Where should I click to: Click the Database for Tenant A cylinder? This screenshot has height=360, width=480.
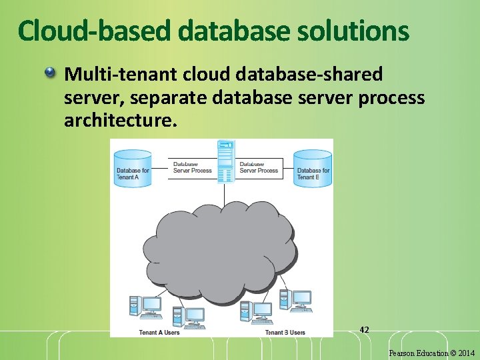coord(133,168)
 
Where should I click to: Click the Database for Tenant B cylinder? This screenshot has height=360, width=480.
coord(313,168)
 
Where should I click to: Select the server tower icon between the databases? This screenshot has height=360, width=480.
coord(226,161)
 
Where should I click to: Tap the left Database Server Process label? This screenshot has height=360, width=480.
coord(192,167)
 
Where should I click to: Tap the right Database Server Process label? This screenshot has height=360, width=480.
coord(258,167)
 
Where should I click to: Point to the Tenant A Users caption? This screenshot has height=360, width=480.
coord(159,332)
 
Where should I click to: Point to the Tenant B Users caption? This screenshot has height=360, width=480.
coord(285,332)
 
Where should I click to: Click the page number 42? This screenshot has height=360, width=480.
coord(364,329)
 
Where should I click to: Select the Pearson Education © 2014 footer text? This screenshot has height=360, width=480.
coord(432,352)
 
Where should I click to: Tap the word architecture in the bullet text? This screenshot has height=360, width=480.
coord(121,121)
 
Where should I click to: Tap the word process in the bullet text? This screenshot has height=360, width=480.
coord(391,98)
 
